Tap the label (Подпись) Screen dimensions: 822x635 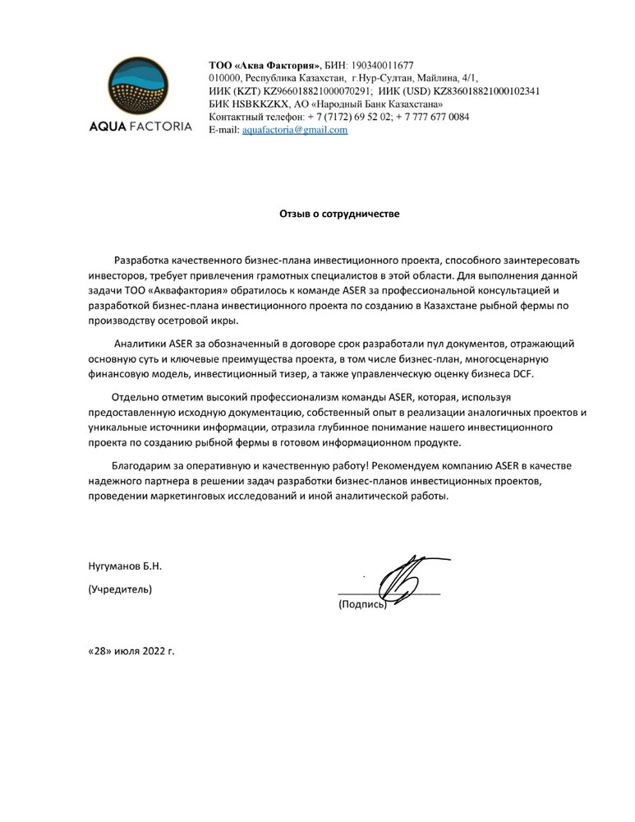point(361,605)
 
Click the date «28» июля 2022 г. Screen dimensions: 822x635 point(131,650)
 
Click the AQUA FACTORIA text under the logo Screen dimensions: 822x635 point(140,127)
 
